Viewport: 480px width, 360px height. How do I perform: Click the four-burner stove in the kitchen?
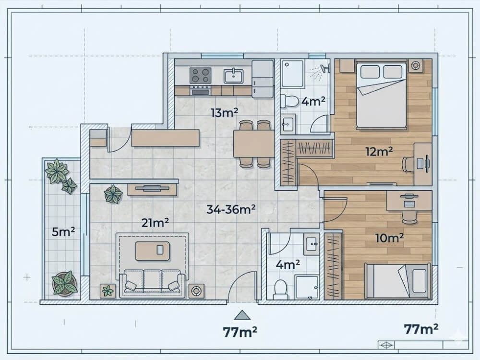click(200, 75)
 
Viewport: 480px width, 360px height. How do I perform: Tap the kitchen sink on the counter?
click(233, 76)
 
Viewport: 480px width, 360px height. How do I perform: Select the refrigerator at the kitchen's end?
click(262, 79)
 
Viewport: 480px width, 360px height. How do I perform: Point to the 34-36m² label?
click(231, 209)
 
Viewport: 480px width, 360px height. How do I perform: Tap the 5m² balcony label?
click(63, 232)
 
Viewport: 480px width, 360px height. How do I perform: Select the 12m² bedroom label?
click(379, 152)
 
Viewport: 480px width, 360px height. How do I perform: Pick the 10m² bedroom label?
click(389, 238)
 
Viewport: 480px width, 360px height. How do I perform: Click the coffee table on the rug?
click(152, 251)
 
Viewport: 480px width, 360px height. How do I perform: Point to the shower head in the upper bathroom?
click(324, 70)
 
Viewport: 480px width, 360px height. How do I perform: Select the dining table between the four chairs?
click(254, 144)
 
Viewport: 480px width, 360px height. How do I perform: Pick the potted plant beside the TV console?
click(113, 194)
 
